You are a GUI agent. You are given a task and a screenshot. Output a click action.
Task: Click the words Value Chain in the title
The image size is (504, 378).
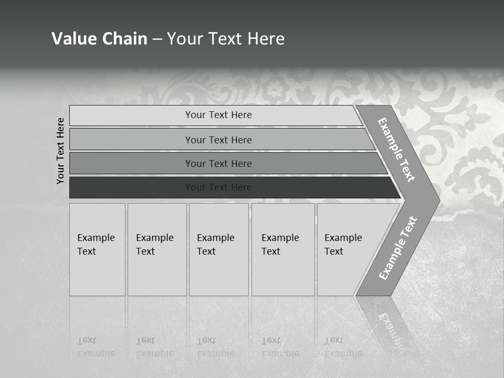[x=99, y=39]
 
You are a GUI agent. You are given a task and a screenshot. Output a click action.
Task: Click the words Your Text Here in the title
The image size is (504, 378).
[x=226, y=39]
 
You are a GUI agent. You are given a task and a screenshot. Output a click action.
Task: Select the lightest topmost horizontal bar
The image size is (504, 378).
[x=131, y=115]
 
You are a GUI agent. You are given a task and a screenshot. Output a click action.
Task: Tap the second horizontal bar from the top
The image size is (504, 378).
[x=131, y=140]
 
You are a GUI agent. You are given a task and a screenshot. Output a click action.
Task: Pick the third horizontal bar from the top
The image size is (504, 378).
[x=131, y=163]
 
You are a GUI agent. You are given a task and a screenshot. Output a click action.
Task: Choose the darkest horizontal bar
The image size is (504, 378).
[x=131, y=187]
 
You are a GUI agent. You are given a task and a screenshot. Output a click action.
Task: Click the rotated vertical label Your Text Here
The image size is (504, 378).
[x=61, y=151]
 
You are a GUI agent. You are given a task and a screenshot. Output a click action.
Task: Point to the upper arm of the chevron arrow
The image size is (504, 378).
[x=397, y=149]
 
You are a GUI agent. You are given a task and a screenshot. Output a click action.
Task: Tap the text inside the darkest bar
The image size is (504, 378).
[x=218, y=187]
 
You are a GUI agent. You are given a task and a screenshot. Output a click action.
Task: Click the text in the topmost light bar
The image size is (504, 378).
[x=218, y=115]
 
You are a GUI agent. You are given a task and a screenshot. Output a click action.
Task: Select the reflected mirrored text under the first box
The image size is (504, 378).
[x=96, y=347]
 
